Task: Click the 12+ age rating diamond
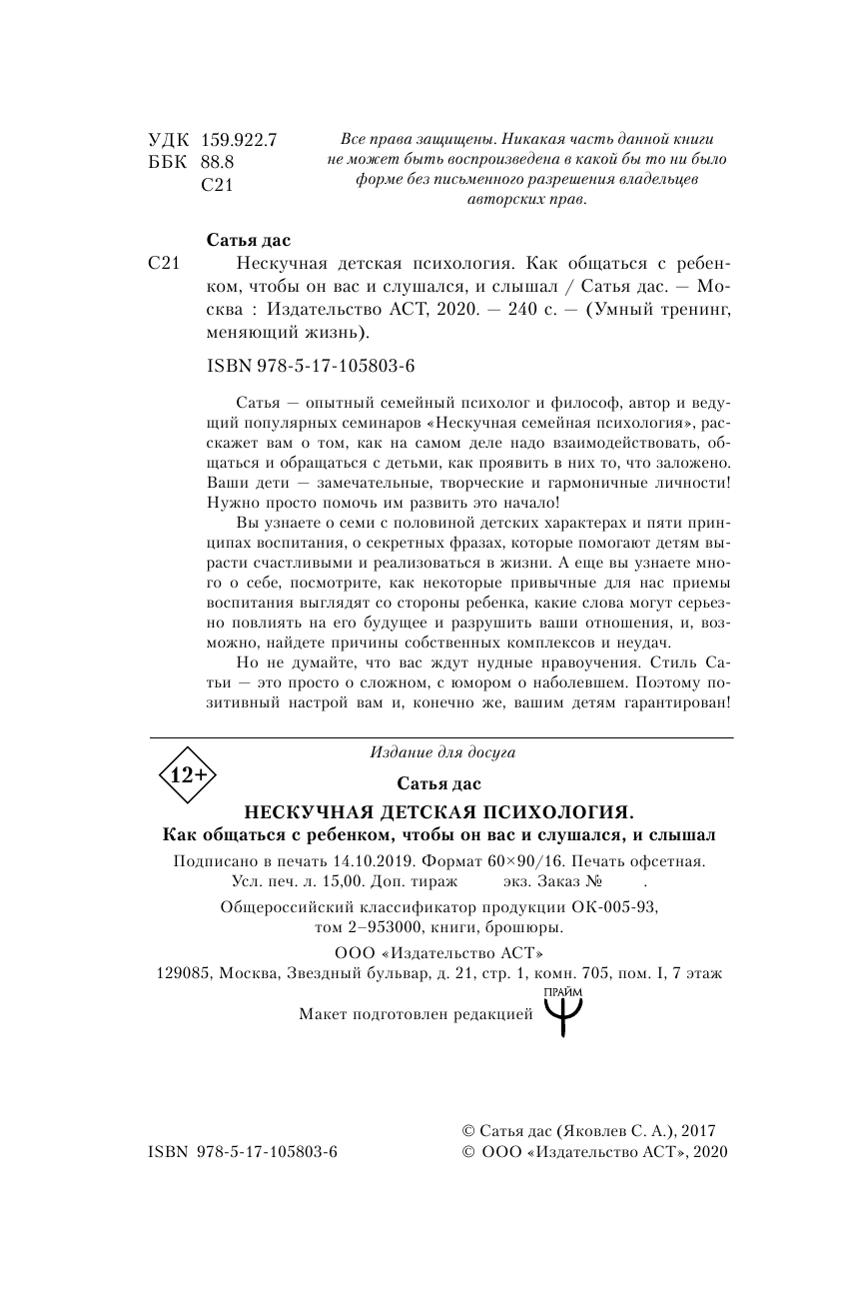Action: coord(188,775)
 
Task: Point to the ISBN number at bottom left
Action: coord(242,1151)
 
